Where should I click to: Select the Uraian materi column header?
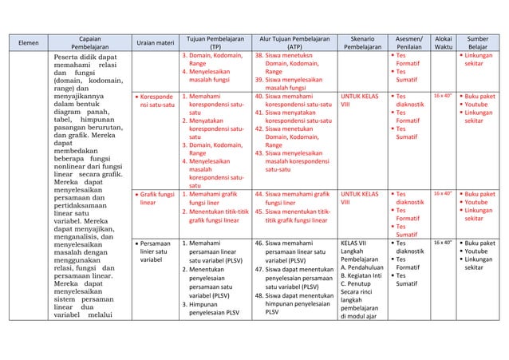(x=152, y=42)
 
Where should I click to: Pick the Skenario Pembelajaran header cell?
(x=361, y=42)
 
